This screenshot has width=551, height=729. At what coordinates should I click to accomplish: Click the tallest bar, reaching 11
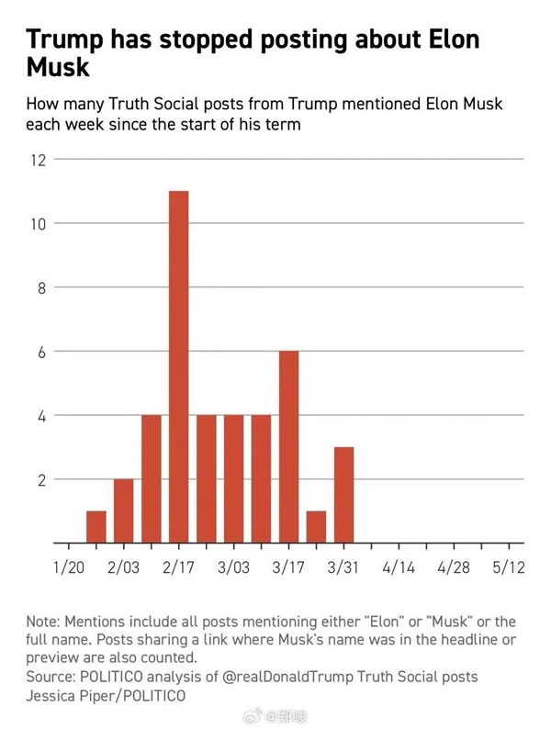point(178,367)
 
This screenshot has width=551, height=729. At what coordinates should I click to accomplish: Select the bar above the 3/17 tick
point(288,447)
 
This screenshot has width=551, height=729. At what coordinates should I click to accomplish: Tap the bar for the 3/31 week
point(343,495)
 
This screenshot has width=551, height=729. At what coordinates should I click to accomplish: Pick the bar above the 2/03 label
point(123,511)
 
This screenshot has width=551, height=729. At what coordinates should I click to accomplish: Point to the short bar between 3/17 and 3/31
point(316,527)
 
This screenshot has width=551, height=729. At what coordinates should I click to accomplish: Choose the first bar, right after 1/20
point(96,527)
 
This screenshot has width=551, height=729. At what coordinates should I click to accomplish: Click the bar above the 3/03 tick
point(233,479)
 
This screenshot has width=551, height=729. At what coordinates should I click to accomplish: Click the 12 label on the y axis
point(38,160)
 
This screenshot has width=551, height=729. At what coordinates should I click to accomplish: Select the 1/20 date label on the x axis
point(69,567)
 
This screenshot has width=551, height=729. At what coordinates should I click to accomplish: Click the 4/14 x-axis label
point(398,567)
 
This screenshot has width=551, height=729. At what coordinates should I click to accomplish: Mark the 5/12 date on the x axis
point(508,567)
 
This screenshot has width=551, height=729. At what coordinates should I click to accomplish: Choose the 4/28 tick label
point(453,567)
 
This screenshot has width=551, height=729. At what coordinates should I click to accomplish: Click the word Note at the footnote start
point(43,623)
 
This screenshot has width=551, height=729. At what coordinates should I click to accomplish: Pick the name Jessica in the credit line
point(53,696)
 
